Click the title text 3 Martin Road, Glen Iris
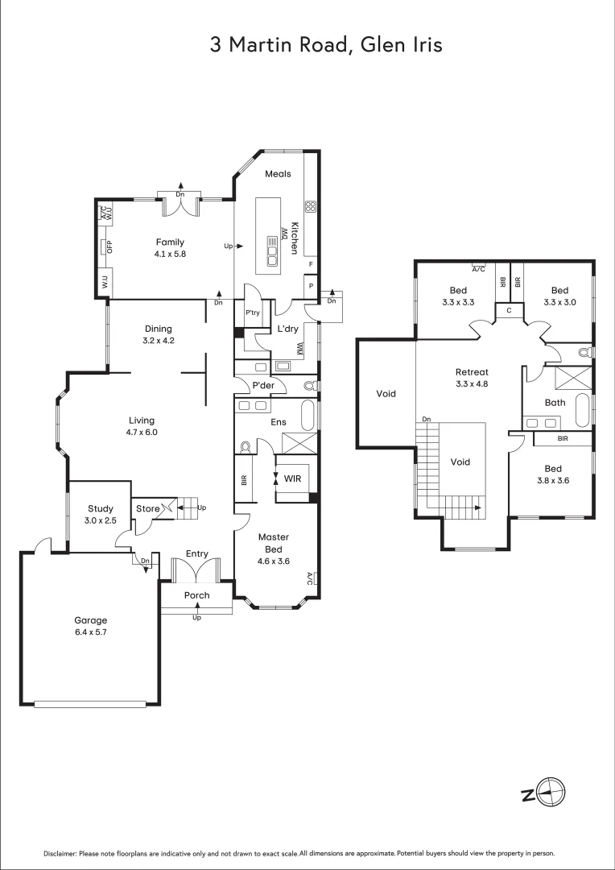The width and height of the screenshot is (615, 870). [x=326, y=45]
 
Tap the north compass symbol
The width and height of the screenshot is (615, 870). [x=550, y=793]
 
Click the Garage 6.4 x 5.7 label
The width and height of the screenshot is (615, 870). [x=90, y=626]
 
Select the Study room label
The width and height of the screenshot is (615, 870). [x=101, y=514]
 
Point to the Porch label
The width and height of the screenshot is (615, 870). [x=196, y=595]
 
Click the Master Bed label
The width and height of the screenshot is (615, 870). [x=273, y=543]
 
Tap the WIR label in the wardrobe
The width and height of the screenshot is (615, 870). [x=293, y=478]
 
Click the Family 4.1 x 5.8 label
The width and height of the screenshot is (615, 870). [x=170, y=247]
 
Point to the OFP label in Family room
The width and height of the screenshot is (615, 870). [x=109, y=247]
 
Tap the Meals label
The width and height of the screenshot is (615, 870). [x=278, y=174]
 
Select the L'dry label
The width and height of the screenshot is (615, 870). [x=288, y=329]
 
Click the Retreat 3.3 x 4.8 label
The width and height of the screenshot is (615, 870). [x=472, y=378]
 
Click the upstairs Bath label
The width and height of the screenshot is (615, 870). [x=555, y=402]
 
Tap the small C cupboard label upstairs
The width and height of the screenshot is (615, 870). [x=509, y=310]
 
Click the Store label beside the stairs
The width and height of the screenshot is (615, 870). [x=147, y=508]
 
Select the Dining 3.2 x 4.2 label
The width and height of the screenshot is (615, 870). [x=159, y=334]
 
